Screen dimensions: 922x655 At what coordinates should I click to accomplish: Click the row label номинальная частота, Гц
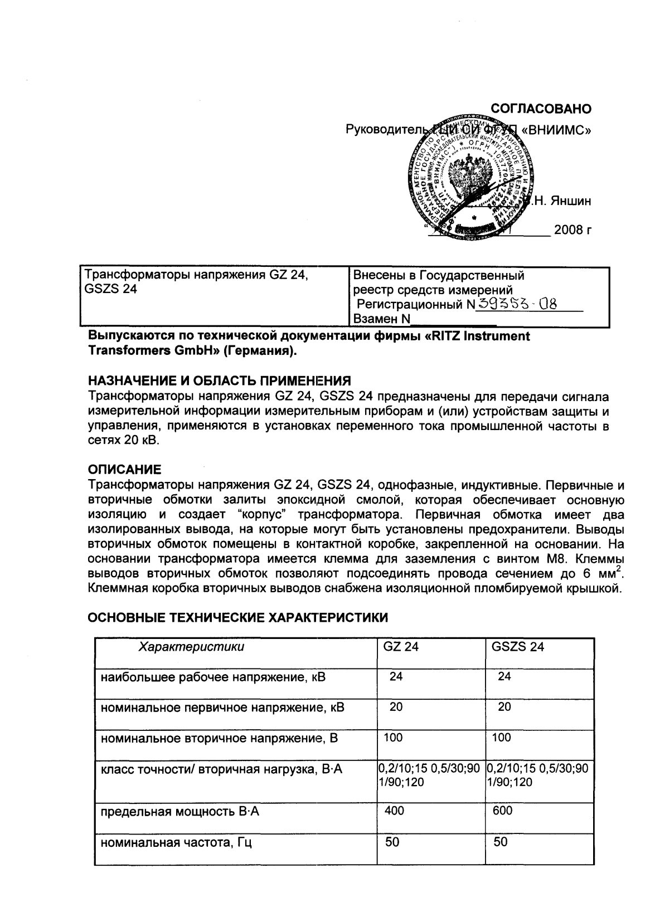pyautogui.click(x=176, y=843)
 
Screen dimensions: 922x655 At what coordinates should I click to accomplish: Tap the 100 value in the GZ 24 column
pyautogui.click(x=393, y=738)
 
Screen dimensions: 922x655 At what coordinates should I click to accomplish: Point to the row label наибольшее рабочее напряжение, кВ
pyautogui.click(x=212, y=677)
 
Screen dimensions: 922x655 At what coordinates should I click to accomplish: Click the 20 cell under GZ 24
pyautogui.click(x=396, y=707)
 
